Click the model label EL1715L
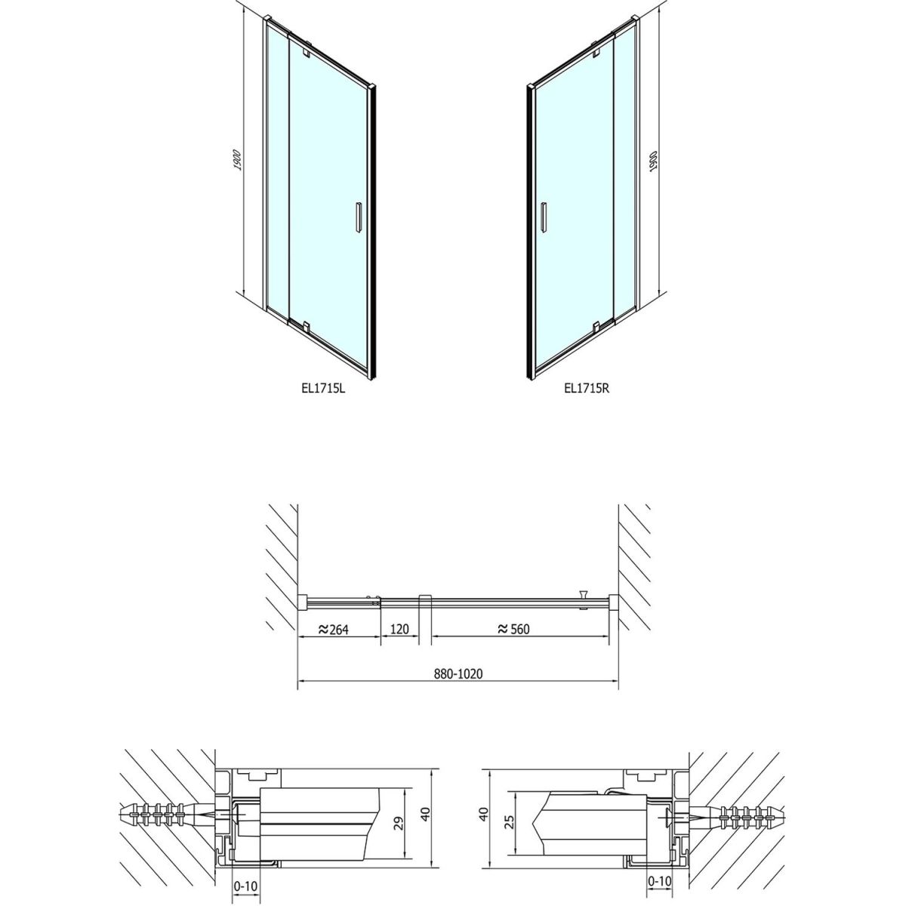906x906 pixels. (x=323, y=388)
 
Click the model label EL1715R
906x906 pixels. (x=587, y=388)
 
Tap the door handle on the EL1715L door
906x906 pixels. (x=359, y=217)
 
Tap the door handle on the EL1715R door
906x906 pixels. (x=544, y=217)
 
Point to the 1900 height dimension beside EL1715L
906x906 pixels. (x=238, y=160)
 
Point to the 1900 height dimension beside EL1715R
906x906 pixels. (x=654, y=162)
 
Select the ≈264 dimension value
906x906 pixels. (x=333, y=629)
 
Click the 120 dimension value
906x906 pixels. (x=399, y=629)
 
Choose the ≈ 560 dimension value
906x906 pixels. (x=513, y=629)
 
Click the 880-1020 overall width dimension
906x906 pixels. (x=458, y=673)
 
